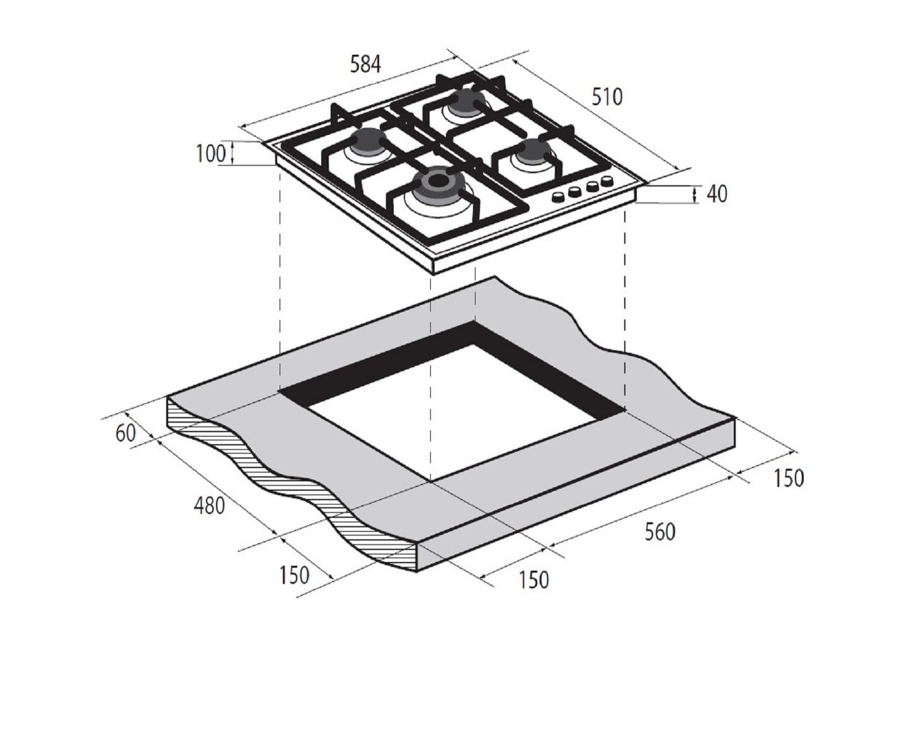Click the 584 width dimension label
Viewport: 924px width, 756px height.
point(365,64)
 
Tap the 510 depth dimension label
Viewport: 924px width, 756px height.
point(607,97)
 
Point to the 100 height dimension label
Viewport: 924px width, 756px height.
point(211,154)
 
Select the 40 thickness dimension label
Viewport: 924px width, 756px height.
point(717,193)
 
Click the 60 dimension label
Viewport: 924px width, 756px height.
point(126,433)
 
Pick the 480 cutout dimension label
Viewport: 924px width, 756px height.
point(209,505)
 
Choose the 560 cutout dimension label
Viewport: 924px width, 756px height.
point(660,532)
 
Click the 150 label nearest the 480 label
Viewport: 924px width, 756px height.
point(294,575)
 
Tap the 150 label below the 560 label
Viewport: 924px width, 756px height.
point(533,580)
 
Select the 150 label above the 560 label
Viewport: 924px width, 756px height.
point(789,478)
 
